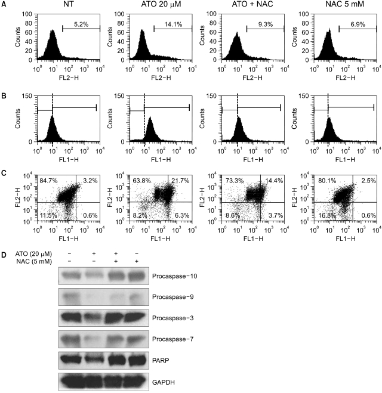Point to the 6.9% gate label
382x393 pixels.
(356, 24)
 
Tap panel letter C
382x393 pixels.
(5, 174)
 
